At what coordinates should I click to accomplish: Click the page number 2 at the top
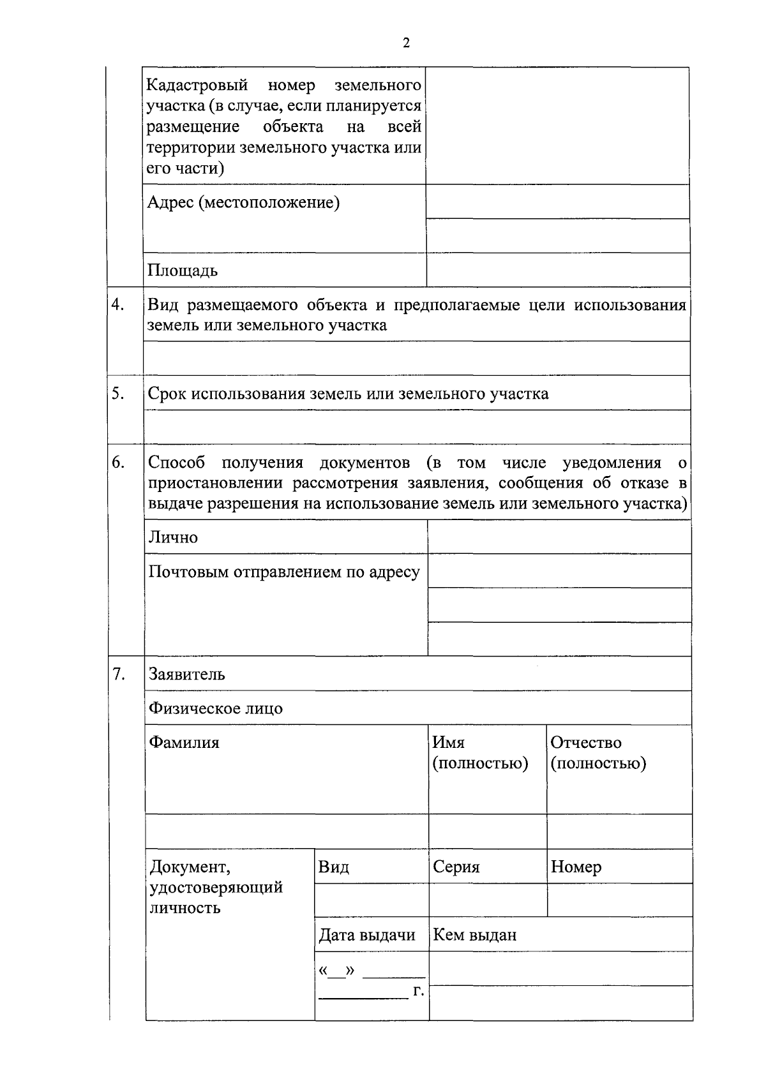click(406, 43)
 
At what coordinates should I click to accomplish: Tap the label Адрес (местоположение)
click(243, 203)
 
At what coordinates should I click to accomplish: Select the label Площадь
click(183, 271)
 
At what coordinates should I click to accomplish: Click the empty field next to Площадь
click(557, 270)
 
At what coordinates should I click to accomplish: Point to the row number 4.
click(118, 304)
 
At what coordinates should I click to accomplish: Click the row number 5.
click(118, 394)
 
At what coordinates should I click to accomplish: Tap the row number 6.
click(118, 462)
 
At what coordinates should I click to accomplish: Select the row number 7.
click(118, 674)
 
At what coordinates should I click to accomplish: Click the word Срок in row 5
click(167, 394)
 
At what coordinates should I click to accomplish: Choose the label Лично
click(174, 537)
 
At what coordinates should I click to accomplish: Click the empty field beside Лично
click(559, 537)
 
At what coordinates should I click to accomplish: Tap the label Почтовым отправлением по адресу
click(284, 572)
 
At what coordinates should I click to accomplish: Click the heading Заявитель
click(187, 675)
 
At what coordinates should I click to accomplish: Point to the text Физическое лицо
click(216, 708)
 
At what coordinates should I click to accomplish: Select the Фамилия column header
click(184, 743)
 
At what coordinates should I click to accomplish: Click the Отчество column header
click(585, 743)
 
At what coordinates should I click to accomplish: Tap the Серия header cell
click(456, 867)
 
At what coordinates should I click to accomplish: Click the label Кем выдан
click(474, 936)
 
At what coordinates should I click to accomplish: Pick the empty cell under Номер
click(619, 900)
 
